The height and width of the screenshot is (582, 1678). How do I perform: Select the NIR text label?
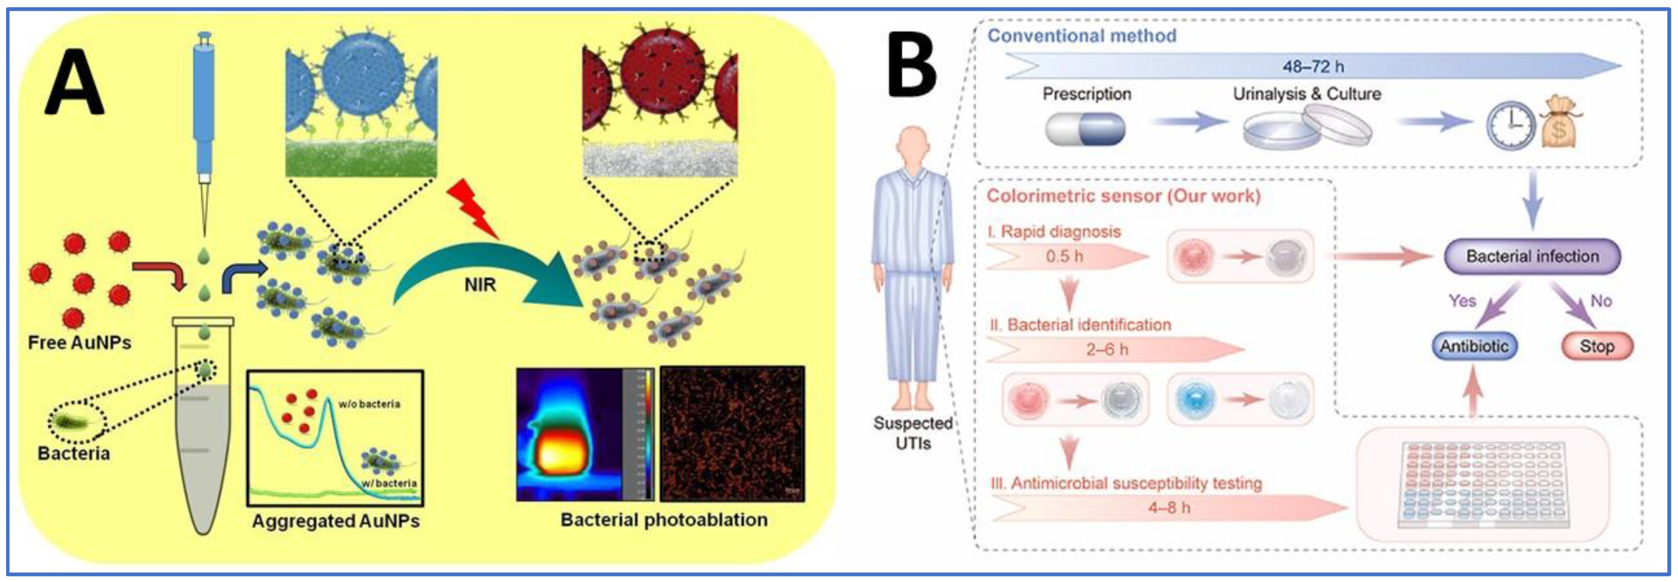click(480, 285)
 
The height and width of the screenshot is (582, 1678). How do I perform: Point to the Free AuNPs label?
click(80, 342)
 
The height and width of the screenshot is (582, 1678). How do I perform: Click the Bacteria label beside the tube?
click(74, 453)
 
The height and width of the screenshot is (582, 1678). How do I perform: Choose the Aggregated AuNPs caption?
click(336, 521)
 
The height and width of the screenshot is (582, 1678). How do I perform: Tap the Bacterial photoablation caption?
click(664, 520)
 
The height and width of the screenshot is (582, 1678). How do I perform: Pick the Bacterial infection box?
click(1532, 256)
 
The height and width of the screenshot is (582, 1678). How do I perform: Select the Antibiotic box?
click(1474, 346)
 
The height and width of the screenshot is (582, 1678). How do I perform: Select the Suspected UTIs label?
click(913, 433)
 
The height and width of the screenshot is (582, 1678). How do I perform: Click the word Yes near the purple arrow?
click(1462, 301)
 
